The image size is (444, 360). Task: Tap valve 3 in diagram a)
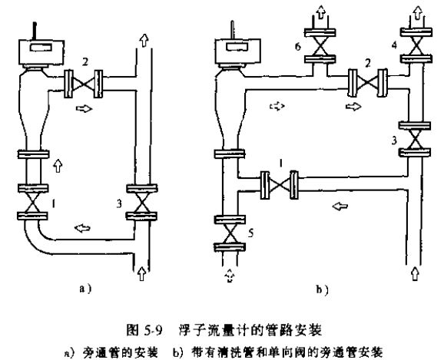pos(139,203)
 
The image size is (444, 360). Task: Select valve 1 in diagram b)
pos(279,184)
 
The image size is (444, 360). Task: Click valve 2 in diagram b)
pos(364,80)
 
